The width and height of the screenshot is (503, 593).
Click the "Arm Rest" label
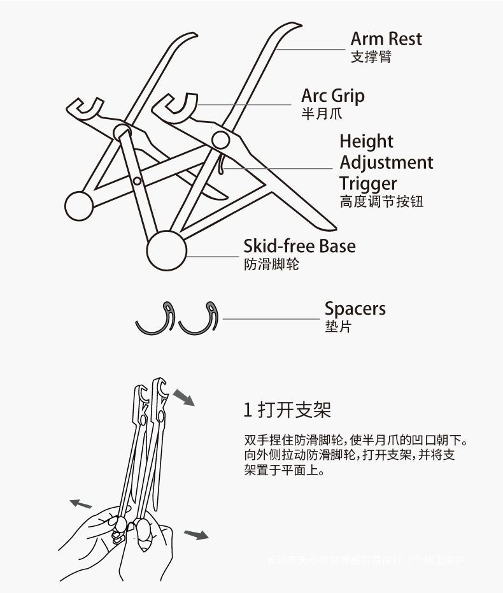coord(386,39)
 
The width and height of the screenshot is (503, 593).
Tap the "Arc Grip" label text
coord(333,96)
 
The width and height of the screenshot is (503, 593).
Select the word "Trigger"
coord(368,184)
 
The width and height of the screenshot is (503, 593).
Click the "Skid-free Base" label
coord(299,246)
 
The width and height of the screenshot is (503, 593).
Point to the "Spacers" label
coord(355,310)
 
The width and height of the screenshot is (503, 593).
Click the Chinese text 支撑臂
coord(371,57)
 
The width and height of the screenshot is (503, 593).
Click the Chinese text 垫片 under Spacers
coord(337,327)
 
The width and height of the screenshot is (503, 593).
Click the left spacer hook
coord(156,319)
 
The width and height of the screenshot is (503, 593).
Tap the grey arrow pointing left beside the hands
coord(81,504)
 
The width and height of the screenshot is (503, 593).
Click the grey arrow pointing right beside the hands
coord(196,534)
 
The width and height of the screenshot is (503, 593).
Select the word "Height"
coord(366,141)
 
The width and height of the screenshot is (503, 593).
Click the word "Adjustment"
coord(386,162)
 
